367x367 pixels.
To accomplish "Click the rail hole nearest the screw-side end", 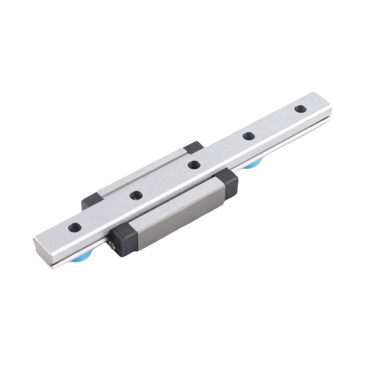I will point(75,227).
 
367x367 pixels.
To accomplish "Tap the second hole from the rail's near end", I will point(136,195).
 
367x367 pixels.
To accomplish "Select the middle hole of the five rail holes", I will point(194,165).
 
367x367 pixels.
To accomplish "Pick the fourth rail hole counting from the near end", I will point(248,136).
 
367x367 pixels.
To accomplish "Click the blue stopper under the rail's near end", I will point(82,258).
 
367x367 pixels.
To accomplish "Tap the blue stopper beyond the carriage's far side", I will point(253,165).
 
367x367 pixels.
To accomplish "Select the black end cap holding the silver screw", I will point(124,239).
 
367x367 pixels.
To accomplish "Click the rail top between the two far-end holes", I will point(274,123).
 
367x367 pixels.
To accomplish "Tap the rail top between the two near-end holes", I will point(106,211).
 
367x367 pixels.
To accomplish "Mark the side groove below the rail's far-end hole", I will point(308,124).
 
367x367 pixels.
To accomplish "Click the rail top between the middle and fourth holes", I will point(221,151).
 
